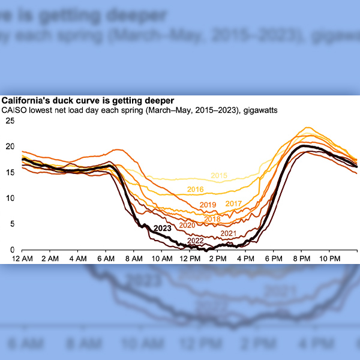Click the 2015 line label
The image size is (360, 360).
coord(219,176)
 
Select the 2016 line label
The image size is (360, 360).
coord(196,190)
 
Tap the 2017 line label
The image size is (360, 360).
coord(233,204)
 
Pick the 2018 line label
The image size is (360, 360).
coord(212,219)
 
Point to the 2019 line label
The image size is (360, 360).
coord(208,205)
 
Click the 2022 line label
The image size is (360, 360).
coord(196,241)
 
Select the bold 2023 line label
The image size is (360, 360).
coord(163,228)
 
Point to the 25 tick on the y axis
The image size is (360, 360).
coord(10,121)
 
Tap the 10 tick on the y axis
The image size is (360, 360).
coord(10,198)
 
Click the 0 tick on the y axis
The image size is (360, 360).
coord(12,250)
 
